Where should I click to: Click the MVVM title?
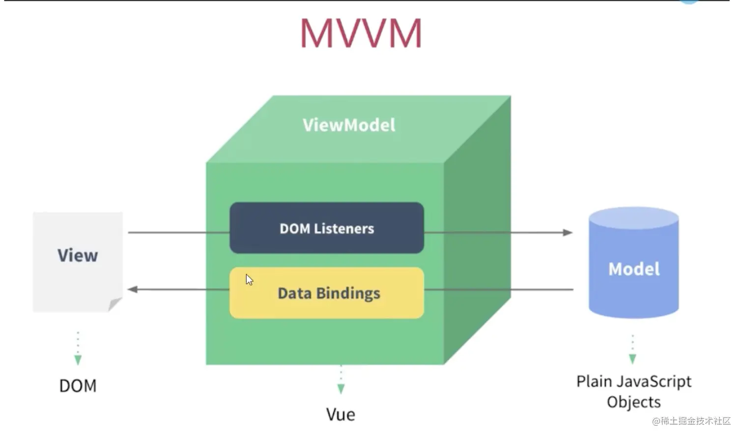[x=361, y=33]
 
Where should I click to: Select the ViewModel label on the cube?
[x=349, y=125]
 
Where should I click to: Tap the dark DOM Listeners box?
[x=327, y=228]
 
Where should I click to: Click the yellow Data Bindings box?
[x=327, y=293]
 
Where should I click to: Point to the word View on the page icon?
[x=78, y=256]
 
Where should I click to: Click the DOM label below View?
[x=78, y=386]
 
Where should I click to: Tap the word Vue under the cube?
[x=341, y=414]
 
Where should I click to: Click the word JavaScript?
[x=655, y=381]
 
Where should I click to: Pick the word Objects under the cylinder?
[x=633, y=402]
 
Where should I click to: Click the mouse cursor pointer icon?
[x=249, y=280]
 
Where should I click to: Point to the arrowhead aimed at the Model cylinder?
[x=568, y=232]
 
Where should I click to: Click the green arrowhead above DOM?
[x=78, y=360]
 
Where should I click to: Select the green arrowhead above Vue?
[x=341, y=389]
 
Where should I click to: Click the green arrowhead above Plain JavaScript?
[x=632, y=359]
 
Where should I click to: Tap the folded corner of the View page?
[x=115, y=304]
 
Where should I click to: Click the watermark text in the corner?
[x=691, y=421]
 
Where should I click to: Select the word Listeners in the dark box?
[x=344, y=229]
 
